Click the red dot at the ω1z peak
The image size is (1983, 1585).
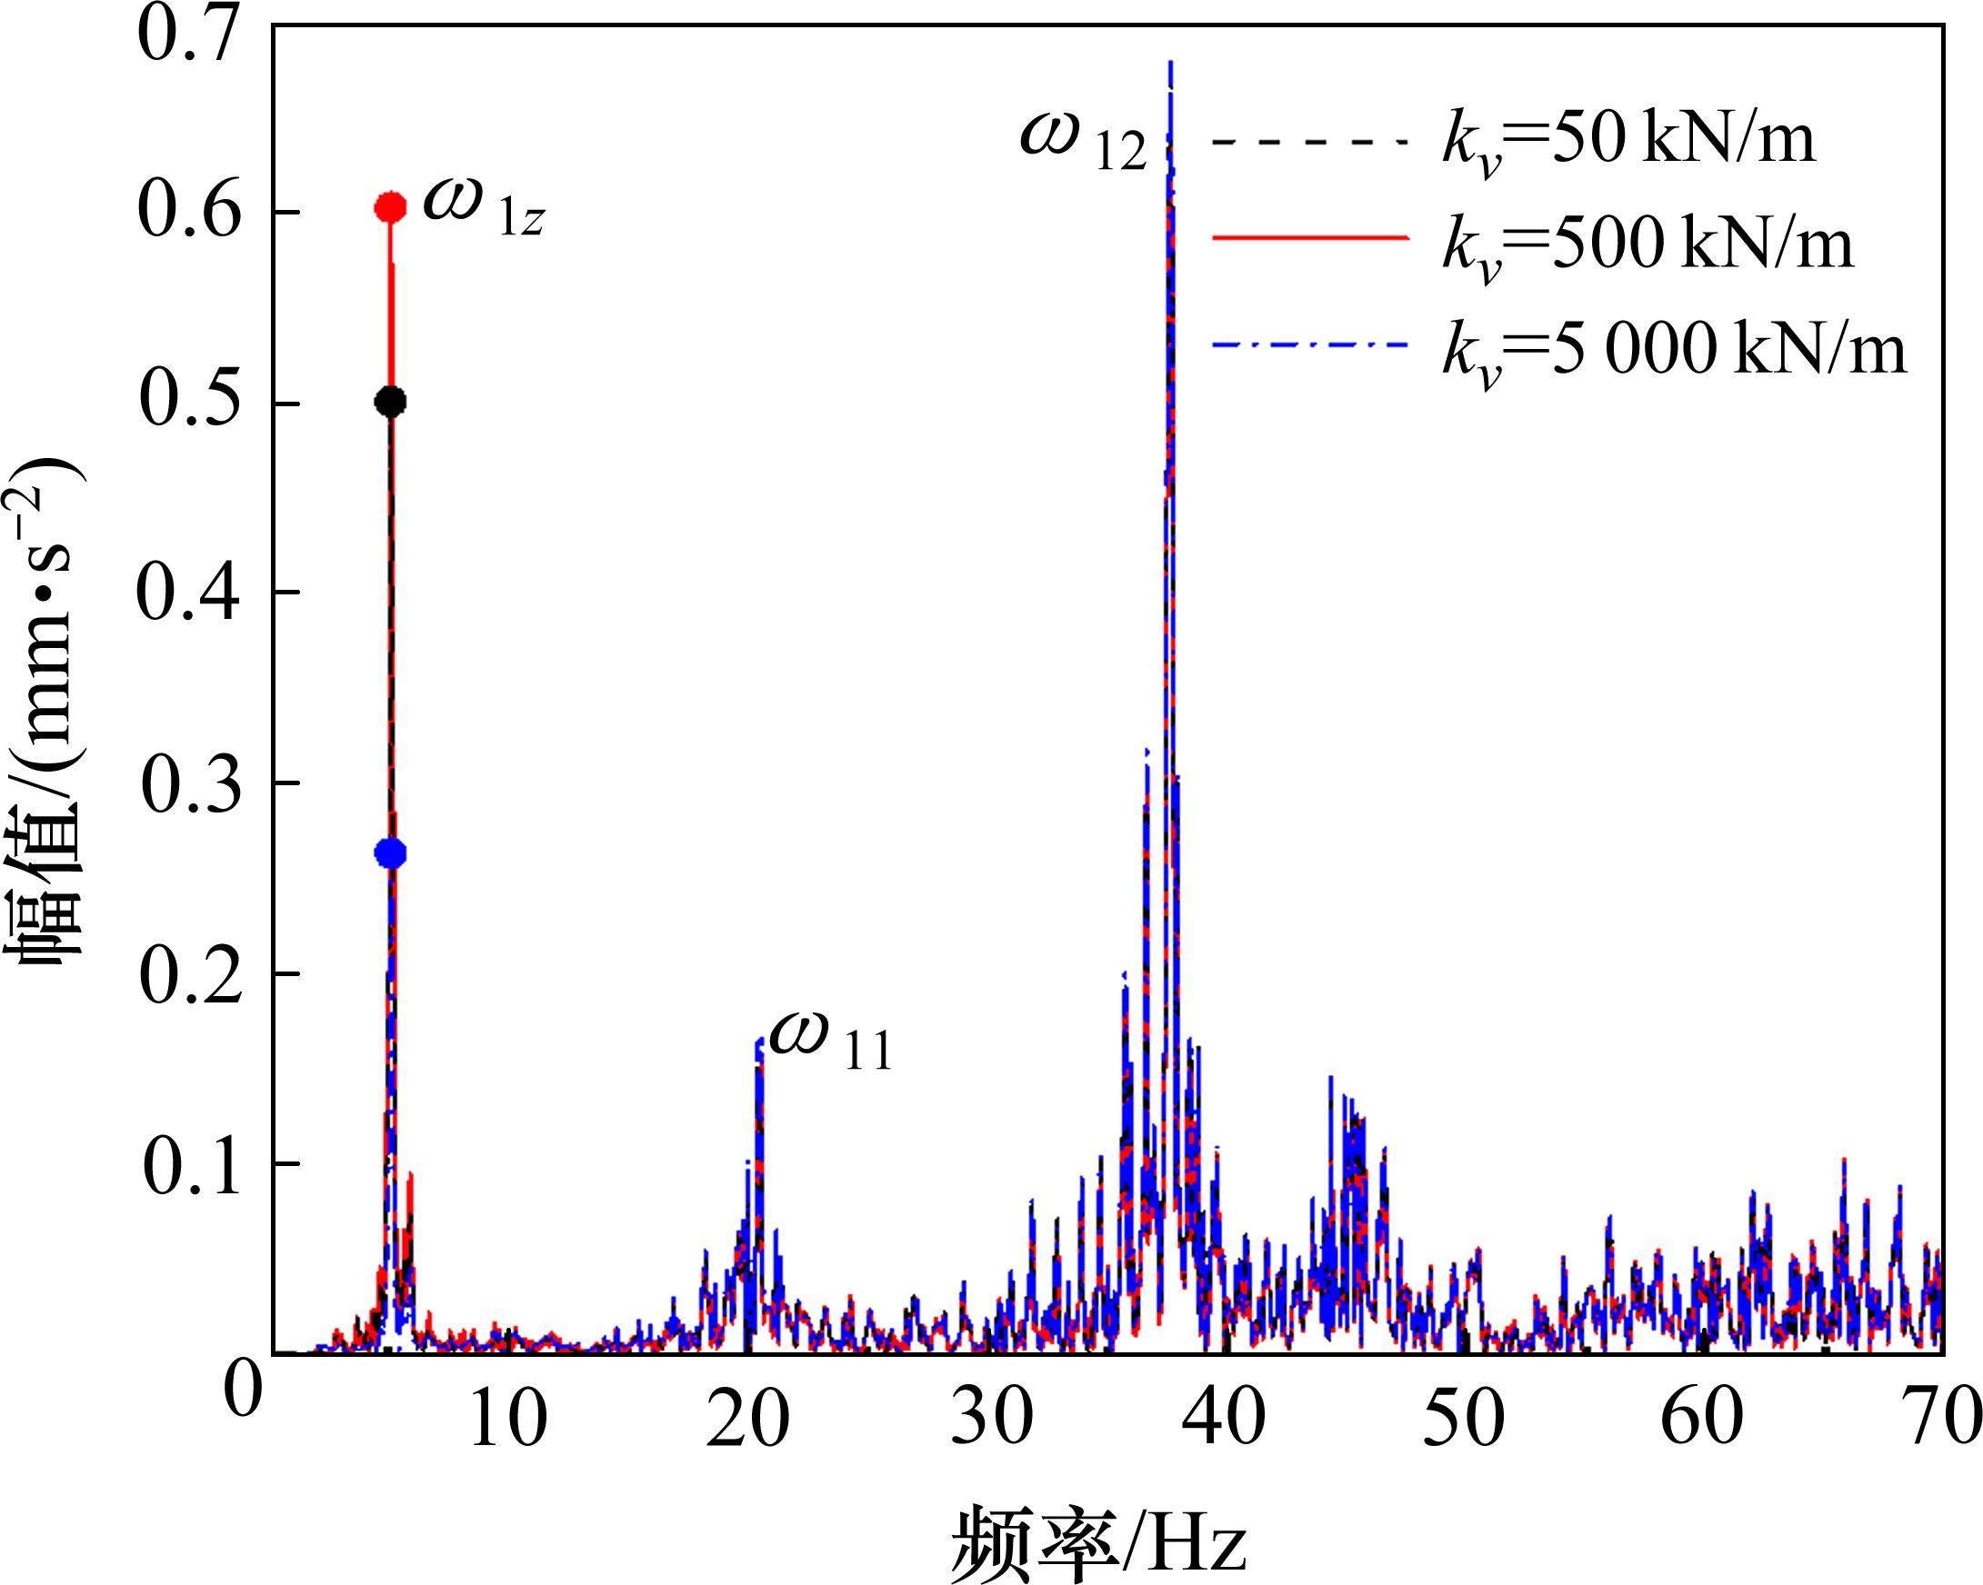391,208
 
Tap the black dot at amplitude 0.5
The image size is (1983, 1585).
391,402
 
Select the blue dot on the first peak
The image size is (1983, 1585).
391,853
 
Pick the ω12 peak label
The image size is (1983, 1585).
1084,141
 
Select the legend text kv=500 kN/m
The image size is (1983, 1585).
1647,246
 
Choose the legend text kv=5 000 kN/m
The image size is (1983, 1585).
1674,352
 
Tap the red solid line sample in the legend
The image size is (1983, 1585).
1311,237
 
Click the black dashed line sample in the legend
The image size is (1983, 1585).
1311,142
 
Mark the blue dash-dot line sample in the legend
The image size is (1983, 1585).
1311,344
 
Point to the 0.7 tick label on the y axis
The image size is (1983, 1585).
189,35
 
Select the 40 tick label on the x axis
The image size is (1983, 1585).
1223,1417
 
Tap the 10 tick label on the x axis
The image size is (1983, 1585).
507,1417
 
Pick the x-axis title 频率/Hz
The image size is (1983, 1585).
1099,1537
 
